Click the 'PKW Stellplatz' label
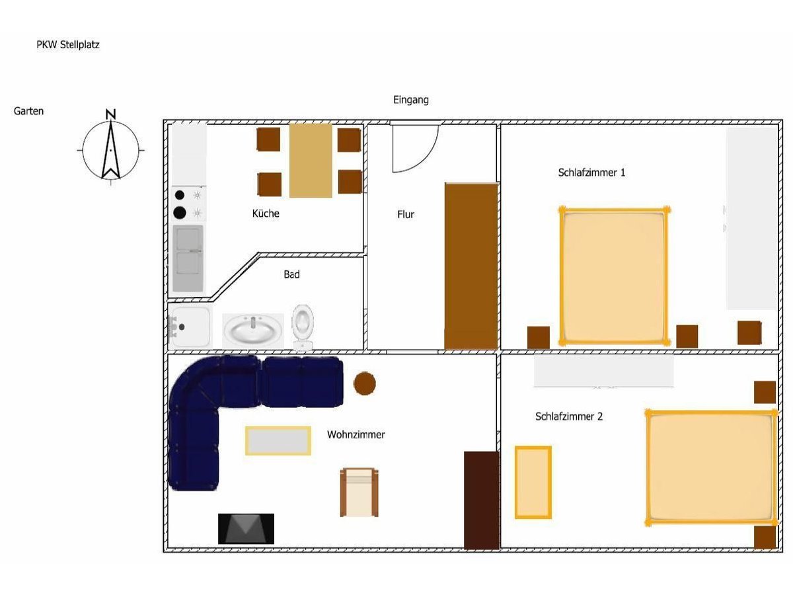coord(68,45)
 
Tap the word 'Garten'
coord(28,111)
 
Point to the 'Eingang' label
coord(411,100)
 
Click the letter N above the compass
coord(110,114)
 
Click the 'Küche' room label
coord(266,214)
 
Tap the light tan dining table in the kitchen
coord(311,161)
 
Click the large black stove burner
coord(180,212)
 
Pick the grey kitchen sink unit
coord(188,258)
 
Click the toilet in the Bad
coord(303,328)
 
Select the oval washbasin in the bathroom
coord(253,330)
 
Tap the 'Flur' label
coord(405,215)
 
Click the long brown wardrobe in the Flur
coord(471,266)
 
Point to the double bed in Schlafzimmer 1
coord(613,276)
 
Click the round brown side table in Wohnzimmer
coord(364,383)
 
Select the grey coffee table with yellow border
coord(278,440)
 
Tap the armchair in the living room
coord(359,492)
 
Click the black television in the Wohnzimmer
coord(246,528)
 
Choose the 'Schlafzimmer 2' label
coord(569,416)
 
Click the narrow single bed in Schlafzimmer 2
coord(533,483)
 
